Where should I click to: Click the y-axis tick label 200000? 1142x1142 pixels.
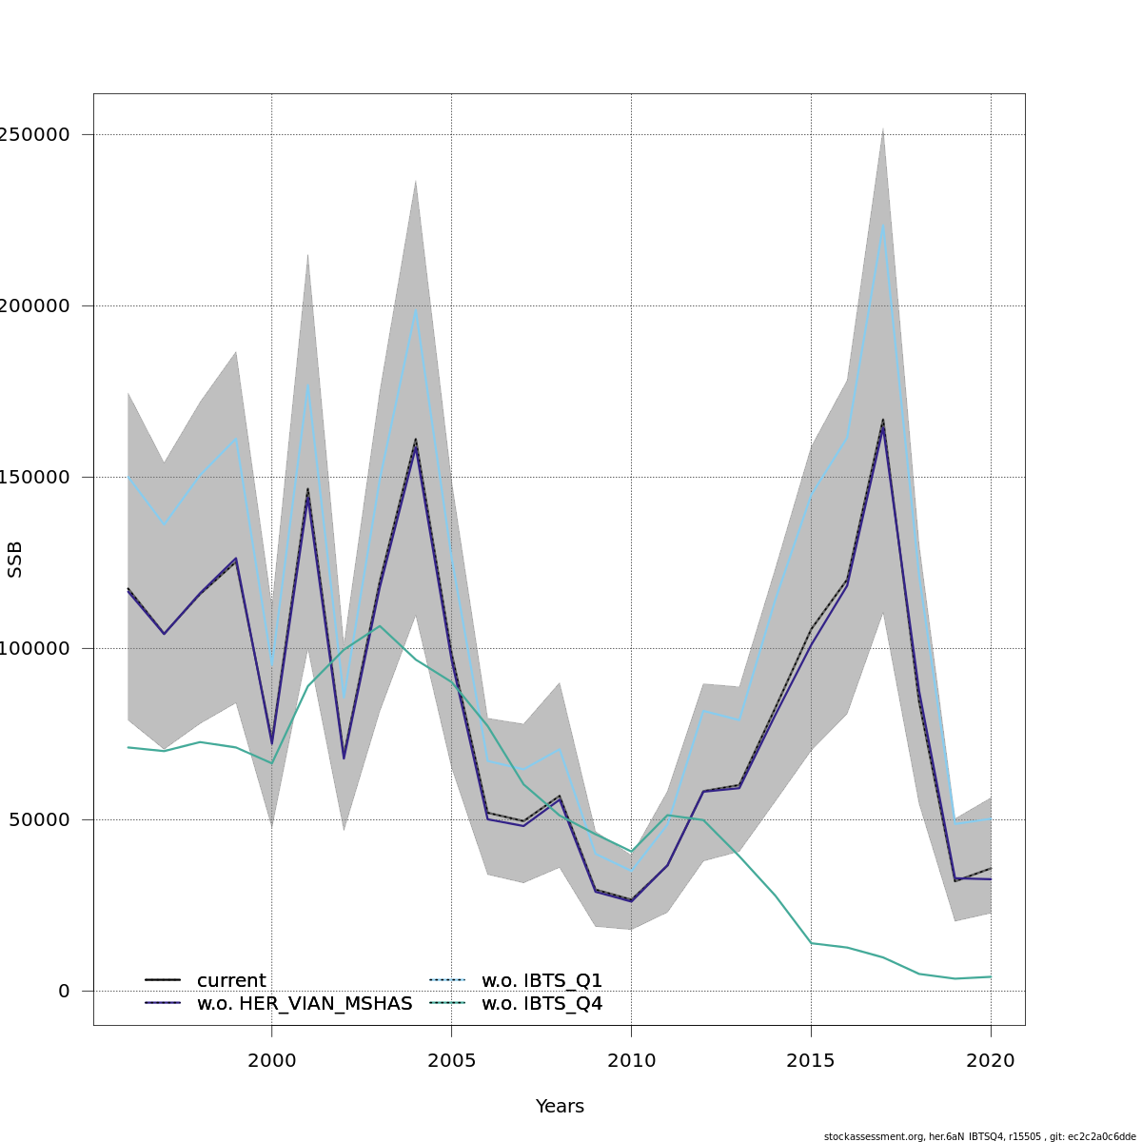pyautogui.click(x=37, y=305)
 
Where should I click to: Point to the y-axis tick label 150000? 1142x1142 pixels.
pyautogui.click(x=37, y=477)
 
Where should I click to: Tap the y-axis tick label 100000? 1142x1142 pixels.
pyautogui.click(x=37, y=648)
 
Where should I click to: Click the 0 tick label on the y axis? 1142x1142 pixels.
pyautogui.click(x=64, y=991)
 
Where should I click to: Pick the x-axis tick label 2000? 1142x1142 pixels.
pyautogui.click(x=272, y=1060)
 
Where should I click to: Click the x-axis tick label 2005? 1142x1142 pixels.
pyautogui.click(x=451, y=1060)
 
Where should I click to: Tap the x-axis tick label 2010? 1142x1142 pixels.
pyautogui.click(x=631, y=1060)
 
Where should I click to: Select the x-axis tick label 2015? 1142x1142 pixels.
pyautogui.click(x=811, y=1060)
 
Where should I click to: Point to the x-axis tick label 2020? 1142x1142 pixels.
pyautogui.click(x=991, y=1060)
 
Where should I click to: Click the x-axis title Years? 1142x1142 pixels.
pyautogui.click(x=560, y=1107)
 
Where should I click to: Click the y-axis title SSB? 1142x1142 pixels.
pyautogui.click(x=15, y=560)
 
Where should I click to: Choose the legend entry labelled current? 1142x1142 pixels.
pyautogui.click(x=231, y=980)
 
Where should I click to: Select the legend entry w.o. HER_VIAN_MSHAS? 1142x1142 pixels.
pyautogui.click(x=304, y=1003)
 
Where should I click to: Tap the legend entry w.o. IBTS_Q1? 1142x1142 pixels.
pyautogui.click(x=541, y=980)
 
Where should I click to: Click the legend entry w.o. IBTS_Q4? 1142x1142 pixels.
pyautogui.click(x=541, y=1003)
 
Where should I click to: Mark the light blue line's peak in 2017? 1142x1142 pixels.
pyautogui.click(x=883, y=226)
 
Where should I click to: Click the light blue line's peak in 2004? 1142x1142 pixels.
pyautogui.click(x=416, y=310)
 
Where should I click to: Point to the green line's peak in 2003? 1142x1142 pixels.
pyautogui.click(x=380, y=626)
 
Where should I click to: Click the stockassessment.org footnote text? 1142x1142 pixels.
pyautogui.click(x=979, y=1135)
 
